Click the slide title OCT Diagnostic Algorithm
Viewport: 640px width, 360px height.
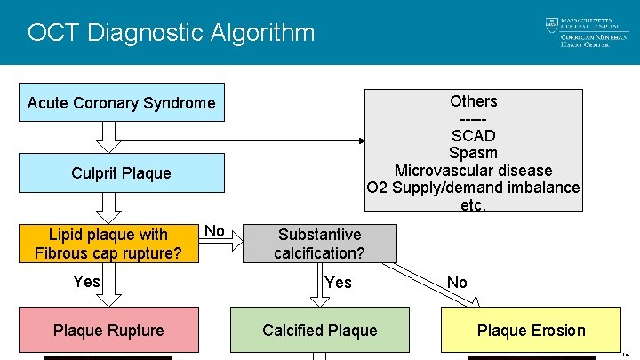pyautogui.click(x=171, y=33)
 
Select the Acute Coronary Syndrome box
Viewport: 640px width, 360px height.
pyautogui.click(x=122, y=103)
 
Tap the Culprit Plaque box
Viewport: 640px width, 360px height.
pyautogui.click(x=122, y=172)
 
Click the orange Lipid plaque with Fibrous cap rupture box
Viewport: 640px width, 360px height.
pyautogui.click(x=108, y=244)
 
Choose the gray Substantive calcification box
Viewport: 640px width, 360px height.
pyautogui.click(x=319, y=244)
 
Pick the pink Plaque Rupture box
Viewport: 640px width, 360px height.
pyautogui.click(x=108, y=331)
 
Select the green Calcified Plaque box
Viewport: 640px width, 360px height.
pyautogui.click(x=319, y=331)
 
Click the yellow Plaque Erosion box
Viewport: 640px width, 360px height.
pyautogui.click(x=531, y=331)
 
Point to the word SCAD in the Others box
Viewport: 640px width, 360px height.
pyautogui.click(x=473, y=136)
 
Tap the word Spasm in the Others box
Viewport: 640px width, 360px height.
pyautogui.click(x=473, y=153)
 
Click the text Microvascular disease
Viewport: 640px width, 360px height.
pyautogui.click(x=473, y=171)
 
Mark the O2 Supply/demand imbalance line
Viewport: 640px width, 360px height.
pyautogui.click(x=473, y=188)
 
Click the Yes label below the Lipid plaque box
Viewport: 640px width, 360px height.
pyautogui.click(x=86, y=282)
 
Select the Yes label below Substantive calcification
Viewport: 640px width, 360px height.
pyautogui.click(x=338, y=283)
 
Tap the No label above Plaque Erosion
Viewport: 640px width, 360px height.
pyautogui.click(x=457, y=283)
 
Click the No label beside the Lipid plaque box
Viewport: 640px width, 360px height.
pyautogui.click(x=214, y=231)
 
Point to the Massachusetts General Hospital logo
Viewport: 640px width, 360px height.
pyautogui.click(x=578, y=33)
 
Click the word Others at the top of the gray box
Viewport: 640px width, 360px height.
pyautogui.click(x=473, y=101)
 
